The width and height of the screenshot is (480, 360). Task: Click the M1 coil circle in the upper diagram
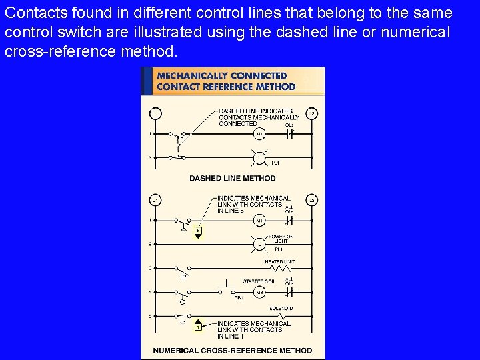point(259,134)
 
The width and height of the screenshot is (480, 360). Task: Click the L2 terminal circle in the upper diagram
point(311,113)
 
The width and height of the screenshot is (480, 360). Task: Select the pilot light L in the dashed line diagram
point(259,158)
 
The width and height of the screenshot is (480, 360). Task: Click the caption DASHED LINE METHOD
point(232,178)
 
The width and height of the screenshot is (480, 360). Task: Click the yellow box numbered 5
point(197,231)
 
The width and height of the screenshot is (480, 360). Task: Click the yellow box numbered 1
point(197,326)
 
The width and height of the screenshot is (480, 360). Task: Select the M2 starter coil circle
point(259,292)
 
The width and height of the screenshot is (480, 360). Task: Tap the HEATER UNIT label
point(280,262)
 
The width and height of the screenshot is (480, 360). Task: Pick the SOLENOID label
point(281,309)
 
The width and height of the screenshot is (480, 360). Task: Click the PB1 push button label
point(238,298)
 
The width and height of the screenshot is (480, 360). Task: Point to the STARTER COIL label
point(259,282)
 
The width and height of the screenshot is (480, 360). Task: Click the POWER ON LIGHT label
point(281,239)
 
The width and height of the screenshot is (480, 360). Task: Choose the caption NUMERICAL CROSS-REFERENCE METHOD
point(232,350)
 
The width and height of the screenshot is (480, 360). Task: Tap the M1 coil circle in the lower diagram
point(259,221)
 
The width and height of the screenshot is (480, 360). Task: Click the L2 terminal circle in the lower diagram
point(311,200)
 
